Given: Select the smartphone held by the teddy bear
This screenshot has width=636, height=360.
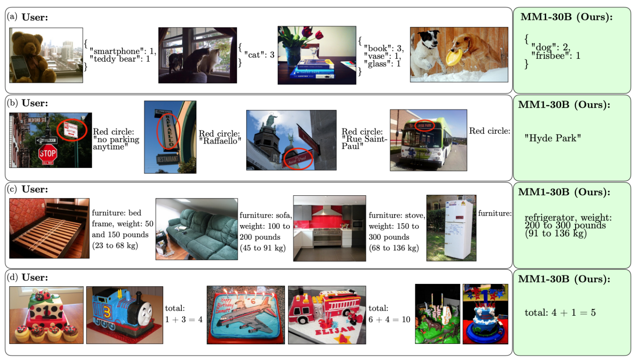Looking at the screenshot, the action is (20, 67).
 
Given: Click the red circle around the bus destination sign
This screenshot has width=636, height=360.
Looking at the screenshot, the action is (424, 125).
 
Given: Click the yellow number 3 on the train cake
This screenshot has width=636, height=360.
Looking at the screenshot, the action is (107, 313).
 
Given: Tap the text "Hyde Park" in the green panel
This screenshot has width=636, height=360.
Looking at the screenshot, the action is (552, 138).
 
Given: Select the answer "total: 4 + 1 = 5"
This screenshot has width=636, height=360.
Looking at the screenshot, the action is (560, 312).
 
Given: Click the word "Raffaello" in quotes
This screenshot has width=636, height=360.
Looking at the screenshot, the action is (220, 141).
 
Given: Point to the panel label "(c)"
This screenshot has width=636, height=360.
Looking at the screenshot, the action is (12, 189).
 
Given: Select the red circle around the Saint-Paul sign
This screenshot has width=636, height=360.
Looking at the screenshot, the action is (298, 159).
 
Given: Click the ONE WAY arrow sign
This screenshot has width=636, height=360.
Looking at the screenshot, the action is (46, 140).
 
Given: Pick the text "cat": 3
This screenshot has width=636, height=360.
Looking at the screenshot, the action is (259, 55).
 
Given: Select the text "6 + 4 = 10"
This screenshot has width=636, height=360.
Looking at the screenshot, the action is (389, 319).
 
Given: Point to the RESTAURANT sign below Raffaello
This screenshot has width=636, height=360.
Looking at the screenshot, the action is (168, 159).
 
